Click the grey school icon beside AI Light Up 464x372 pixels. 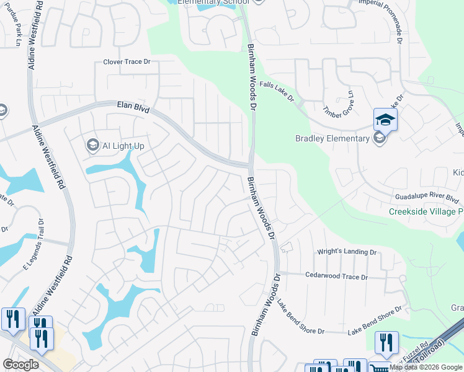pyautogui.click(x=92, y=145)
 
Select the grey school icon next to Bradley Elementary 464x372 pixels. pyautogui.click(x=379, y=138)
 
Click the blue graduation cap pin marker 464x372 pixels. pyautogui.click(x=385, y=119)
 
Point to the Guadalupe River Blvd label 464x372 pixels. pyautogui.click(x=427, y=197)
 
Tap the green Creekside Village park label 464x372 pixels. pyautogui.click(x=426, y=211)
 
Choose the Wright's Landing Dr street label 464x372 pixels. pyautogui.click(x=347, y=252)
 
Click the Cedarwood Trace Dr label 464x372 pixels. pyautogui.click(x=337, y=277)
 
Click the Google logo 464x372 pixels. pyautogui.click(x=21, y=365)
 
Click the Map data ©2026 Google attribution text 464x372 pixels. pyautogui.click(x=426, y=367)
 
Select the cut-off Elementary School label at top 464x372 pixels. pyautogui.click(x=213, y=2)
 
